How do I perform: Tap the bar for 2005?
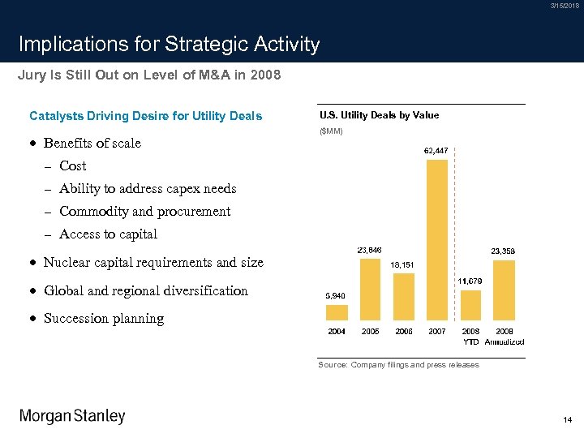[x=370, y=290]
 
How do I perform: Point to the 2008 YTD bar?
[x=470, y=305]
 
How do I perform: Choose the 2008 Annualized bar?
[x=504, y=290]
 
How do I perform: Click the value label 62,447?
[x=436, y=151]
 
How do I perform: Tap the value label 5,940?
[x=336, y=296]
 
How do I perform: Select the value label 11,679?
[x=470, y=281]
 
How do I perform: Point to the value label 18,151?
[x=403, y=264]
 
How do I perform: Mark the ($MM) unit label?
[x=331, y=131]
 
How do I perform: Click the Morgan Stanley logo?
[x=73, y=416]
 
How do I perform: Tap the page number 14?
[x=567, y=419]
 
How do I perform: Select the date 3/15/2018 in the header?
[x=565, y=6]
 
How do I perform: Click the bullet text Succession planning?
[x=103, y=319]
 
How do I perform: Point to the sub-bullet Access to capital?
[x=108, y=234]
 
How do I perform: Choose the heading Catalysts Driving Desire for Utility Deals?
[x=145, y=116]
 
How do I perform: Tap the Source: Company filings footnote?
[x=398, y=365]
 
